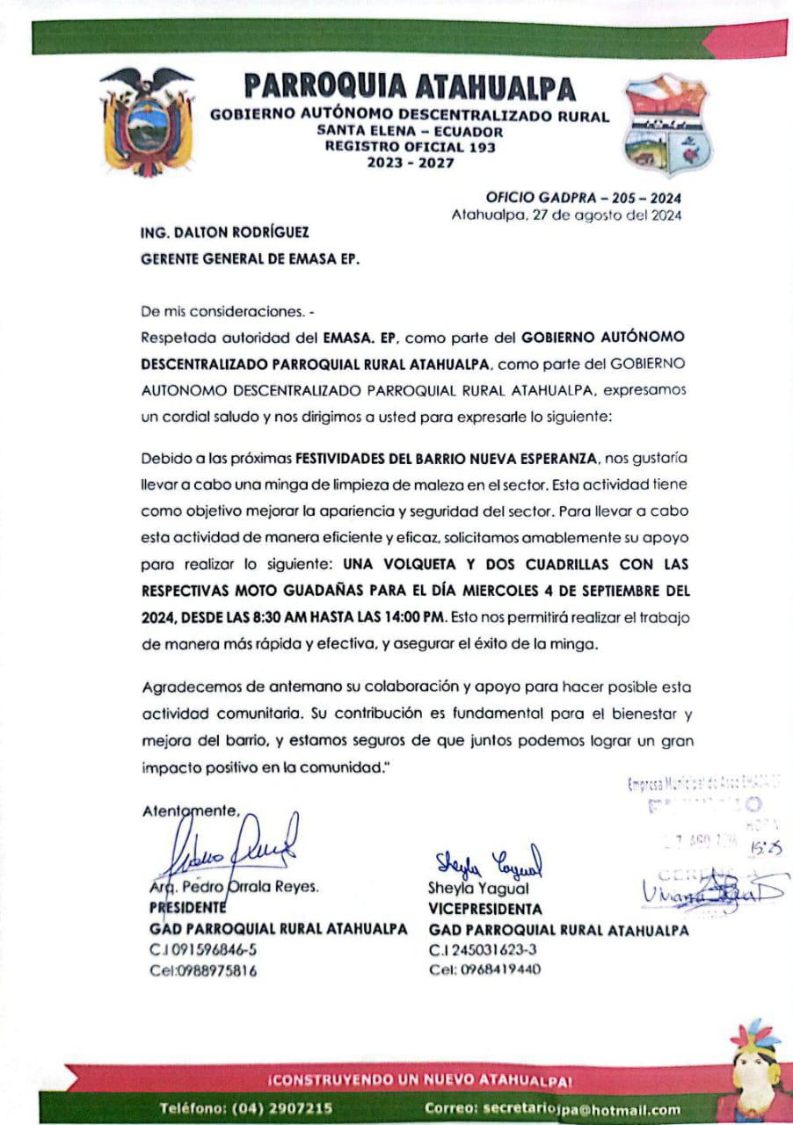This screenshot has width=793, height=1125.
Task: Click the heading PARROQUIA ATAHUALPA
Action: coord(410,87)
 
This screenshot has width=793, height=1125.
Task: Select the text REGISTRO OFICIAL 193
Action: coord(410,147)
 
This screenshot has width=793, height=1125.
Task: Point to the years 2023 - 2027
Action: coord(410,162)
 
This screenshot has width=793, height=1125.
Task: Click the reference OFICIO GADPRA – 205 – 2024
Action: coord(584,199)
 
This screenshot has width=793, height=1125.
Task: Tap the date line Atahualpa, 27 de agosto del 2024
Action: coord(566,214)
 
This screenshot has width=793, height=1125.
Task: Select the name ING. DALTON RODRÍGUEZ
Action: coord(224,234)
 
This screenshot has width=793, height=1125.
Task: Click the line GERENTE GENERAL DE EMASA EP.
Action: coord(251,260)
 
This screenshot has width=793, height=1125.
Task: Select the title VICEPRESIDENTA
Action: coord(485,909)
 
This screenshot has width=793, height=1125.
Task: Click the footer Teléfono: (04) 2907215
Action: coord(245,1108)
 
